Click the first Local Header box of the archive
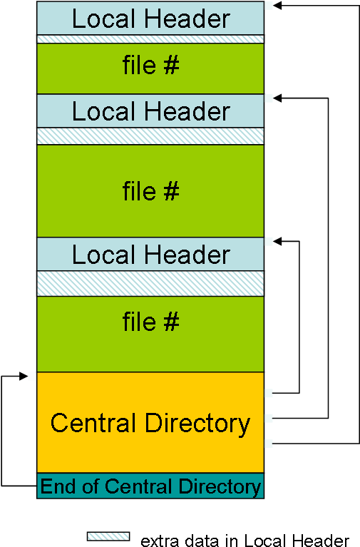150,18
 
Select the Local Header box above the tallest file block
150,111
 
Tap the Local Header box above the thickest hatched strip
150,254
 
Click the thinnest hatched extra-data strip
150,39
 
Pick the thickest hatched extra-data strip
150,284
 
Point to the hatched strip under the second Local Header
150,136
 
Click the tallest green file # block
150,191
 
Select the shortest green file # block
150,68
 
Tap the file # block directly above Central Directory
150,334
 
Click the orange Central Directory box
150,422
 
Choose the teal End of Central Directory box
150,486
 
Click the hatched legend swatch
108,536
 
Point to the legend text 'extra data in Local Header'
245,540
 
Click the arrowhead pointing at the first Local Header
277,5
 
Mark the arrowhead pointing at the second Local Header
277,98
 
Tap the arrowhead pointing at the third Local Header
277,241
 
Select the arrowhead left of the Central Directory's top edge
24,376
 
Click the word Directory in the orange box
197,424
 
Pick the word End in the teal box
58,486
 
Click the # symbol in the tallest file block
171,191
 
